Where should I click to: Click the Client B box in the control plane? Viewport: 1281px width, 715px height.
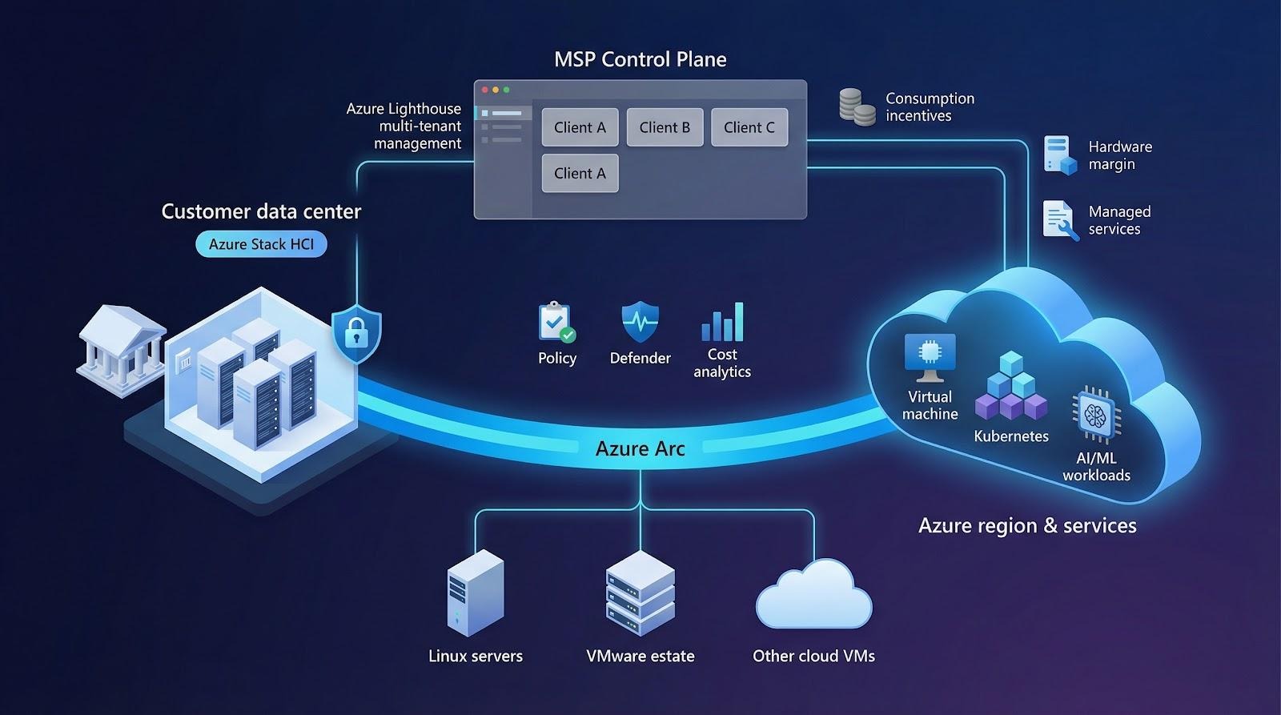[x=665, y=127]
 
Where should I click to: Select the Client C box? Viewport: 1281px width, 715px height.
[x=749, y=127]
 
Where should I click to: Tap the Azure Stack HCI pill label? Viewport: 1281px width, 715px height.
[x=261, y=244]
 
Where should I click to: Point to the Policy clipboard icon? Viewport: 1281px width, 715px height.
[x=556, y=323]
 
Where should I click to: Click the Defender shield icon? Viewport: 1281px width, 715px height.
[x=640, y=322]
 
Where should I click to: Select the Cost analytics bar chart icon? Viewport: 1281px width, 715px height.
[x=722, y=322]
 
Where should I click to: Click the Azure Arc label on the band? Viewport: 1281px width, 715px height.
[x=640, y=448]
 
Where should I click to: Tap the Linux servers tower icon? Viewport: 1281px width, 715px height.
[x=475, y=593]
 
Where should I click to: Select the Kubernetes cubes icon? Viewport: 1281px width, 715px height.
[x=1011, y=387]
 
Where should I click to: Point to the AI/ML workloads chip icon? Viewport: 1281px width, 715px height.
[x=1095, y=415]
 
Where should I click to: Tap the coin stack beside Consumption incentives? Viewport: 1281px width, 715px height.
[x=857, y=107]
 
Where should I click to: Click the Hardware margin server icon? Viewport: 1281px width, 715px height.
[x=1060, y=155]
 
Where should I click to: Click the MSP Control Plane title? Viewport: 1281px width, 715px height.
[x=640, y=59]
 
